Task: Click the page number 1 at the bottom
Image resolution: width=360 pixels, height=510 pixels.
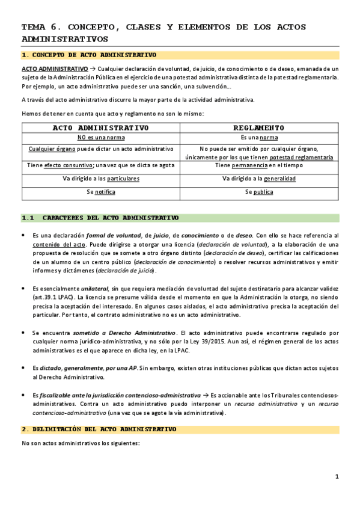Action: (x=337, y=477)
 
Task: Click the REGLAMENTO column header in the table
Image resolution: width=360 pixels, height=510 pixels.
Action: (x=259, y=127)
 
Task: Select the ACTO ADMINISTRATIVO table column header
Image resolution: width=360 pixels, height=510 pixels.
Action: (x=100, y=127)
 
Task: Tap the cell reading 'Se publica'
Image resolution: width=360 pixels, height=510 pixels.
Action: (x=259, y=192)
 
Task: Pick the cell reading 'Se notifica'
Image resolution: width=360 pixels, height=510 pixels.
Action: (x=100, y=192)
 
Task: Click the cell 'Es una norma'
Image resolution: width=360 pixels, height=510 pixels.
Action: (x=259, y=138)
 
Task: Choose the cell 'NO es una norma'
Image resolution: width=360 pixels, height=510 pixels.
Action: (x=100, y=138)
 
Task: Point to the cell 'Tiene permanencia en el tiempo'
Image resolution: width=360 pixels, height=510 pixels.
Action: (x=259, y=165)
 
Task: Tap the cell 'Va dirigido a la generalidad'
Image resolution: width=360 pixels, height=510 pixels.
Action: (x=259, y=179)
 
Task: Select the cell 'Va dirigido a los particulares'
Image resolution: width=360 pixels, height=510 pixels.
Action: (x=100, y=179)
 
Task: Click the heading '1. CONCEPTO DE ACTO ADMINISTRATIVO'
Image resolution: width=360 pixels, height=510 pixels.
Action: (x=88, y=55)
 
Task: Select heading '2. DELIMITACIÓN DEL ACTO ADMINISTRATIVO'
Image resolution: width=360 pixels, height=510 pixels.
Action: (x=99, y=429)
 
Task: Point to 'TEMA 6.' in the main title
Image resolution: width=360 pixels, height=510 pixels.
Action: (x=41, y=27)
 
